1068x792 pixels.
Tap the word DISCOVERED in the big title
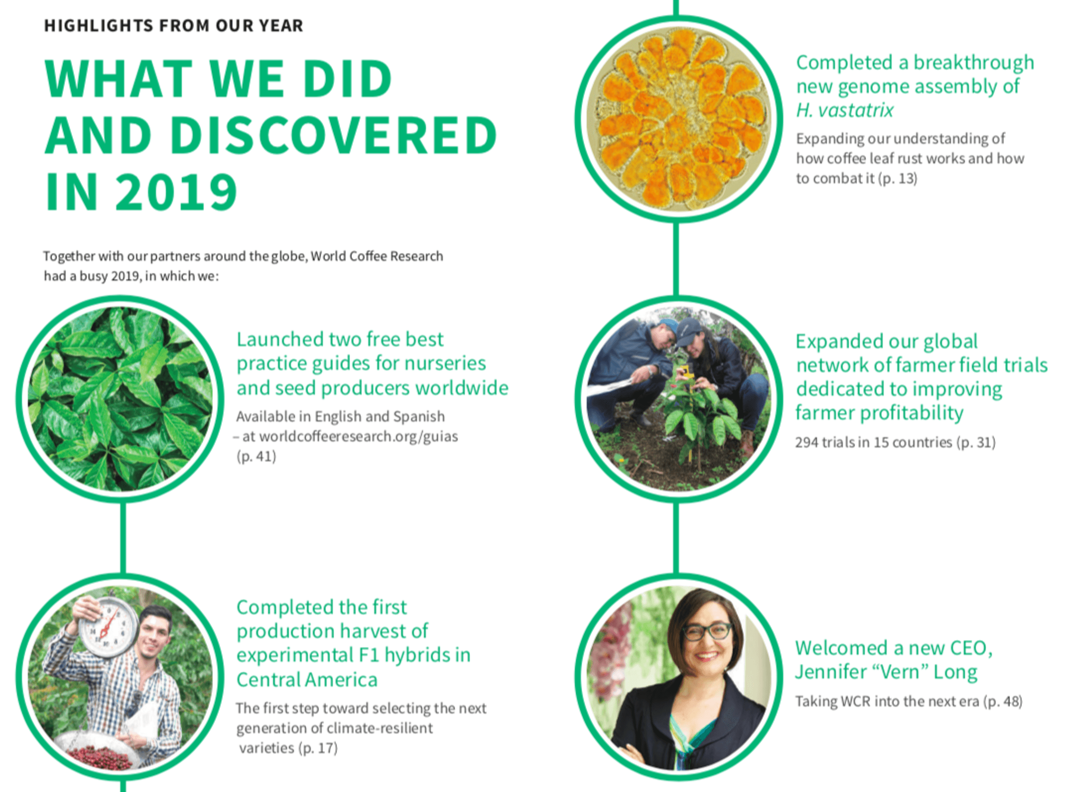(x=334, y=135)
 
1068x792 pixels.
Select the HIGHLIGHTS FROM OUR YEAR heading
(x=174, y=25)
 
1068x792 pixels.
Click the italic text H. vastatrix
(x=845, y=110)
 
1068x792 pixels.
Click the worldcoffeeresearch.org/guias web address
(x=359, y=436)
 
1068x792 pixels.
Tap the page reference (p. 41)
(x=256, y=456)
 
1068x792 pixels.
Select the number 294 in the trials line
(x=807, y=442)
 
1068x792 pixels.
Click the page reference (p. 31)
(x=976, y=442)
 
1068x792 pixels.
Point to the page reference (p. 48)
(x=1003, y=701)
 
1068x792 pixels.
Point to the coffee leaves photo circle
(x=120, y=399)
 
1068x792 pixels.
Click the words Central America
(x=307, y=679)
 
